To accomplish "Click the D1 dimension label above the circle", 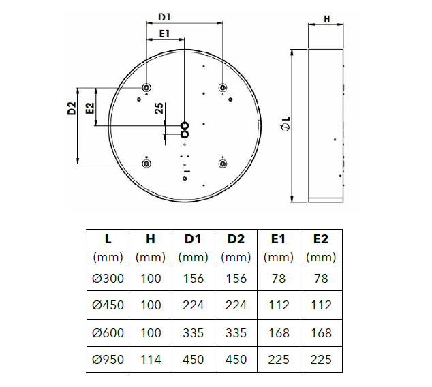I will pyautogui.click(x=165, y=16).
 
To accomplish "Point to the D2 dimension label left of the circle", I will pyautogui.click(x=72, y=108).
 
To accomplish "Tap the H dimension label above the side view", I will pyautogui.click(x=326, y=19).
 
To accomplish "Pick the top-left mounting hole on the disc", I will pyautogui.click(x=146, y=88).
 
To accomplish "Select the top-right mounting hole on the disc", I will pyautogui.click(x=222, y=88).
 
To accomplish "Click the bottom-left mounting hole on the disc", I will pyautogui.click(x=146, y=163).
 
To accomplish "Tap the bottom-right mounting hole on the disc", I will pyautogui.click(x=222, y=163).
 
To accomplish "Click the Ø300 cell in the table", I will pyautogui.click(x=108, y=278).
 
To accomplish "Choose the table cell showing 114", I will pyautogui.click(x=151, y=359).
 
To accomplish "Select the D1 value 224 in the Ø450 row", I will pyautogui.click(x=194, y=305).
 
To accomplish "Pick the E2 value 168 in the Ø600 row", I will pyautogui.click(x=321, y=332).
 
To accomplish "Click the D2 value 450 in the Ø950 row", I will pyautogui.click(x=236, y=359).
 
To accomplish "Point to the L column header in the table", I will pyautogui.click(x=108, y=239).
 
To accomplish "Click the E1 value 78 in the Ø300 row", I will pyautogui.click(x=278, y=278).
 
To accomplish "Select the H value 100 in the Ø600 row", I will pyautogui.click(x=151, y=332).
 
